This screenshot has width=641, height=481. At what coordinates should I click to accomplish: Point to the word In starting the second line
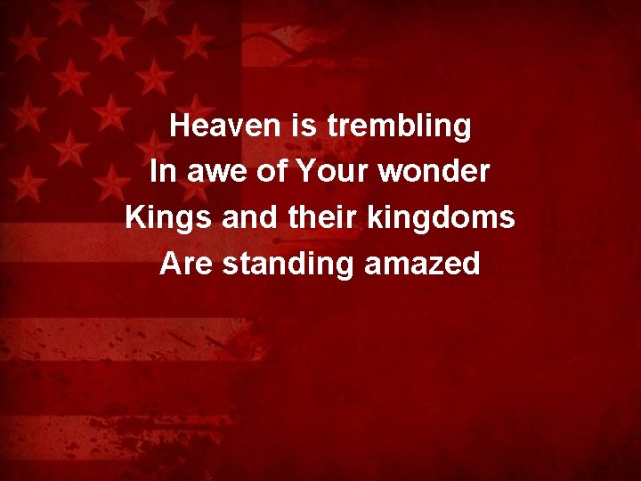click(162, 172)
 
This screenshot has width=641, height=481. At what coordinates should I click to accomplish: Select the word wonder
click(434, 172)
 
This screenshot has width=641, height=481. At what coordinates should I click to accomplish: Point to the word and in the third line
click(246, 217)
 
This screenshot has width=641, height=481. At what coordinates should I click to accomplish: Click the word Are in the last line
click(186, 264)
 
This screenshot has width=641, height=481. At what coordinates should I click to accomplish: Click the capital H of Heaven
click(181, 126)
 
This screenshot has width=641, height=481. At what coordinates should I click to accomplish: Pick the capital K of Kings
click(136, 217)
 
